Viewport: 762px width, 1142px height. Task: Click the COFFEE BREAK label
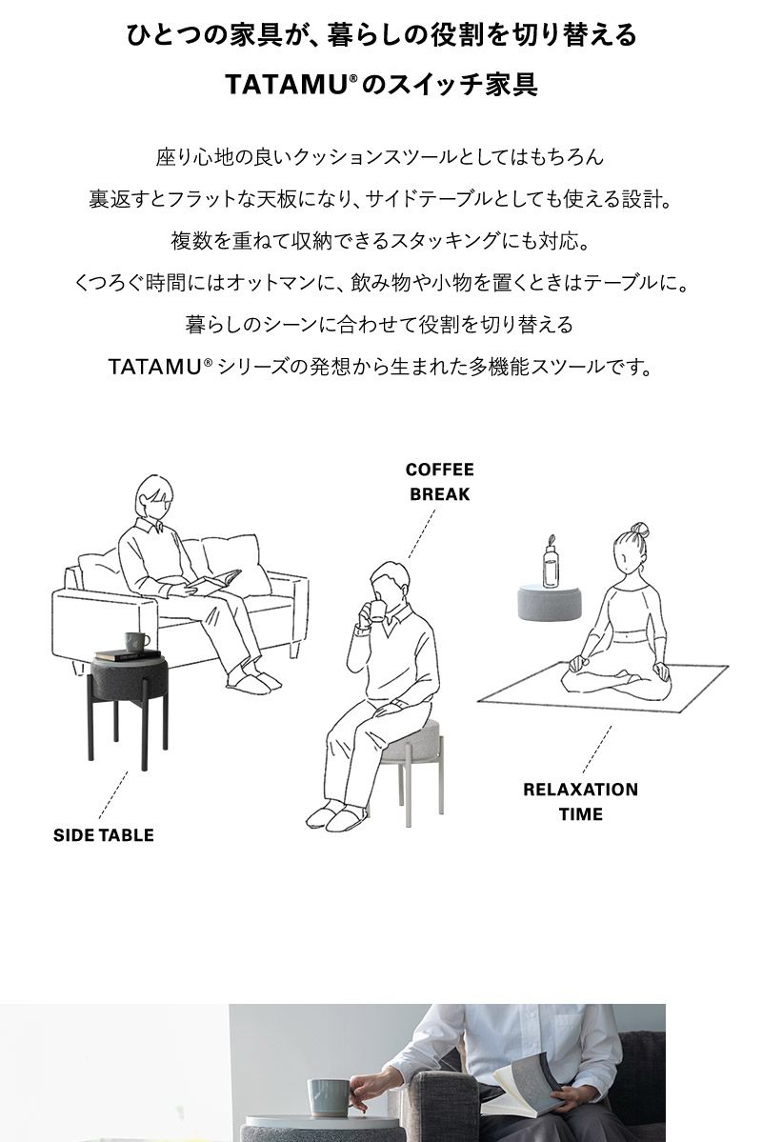439,482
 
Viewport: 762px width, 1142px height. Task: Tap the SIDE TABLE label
103,835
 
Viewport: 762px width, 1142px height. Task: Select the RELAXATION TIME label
580,801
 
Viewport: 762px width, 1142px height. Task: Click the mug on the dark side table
136,642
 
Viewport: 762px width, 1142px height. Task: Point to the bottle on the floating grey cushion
550,564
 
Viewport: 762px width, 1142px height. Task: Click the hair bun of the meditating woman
639,529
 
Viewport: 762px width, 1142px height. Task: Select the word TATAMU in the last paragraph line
153,367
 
